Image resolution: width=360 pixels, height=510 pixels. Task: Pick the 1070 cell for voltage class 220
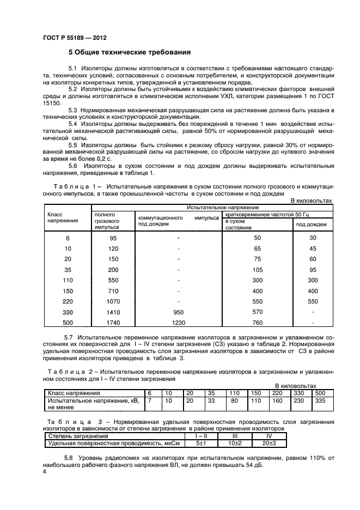click(113, 300)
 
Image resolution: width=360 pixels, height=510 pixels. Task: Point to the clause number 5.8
click(69, 458)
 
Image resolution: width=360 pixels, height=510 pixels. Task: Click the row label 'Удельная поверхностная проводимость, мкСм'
click(102, 444)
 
